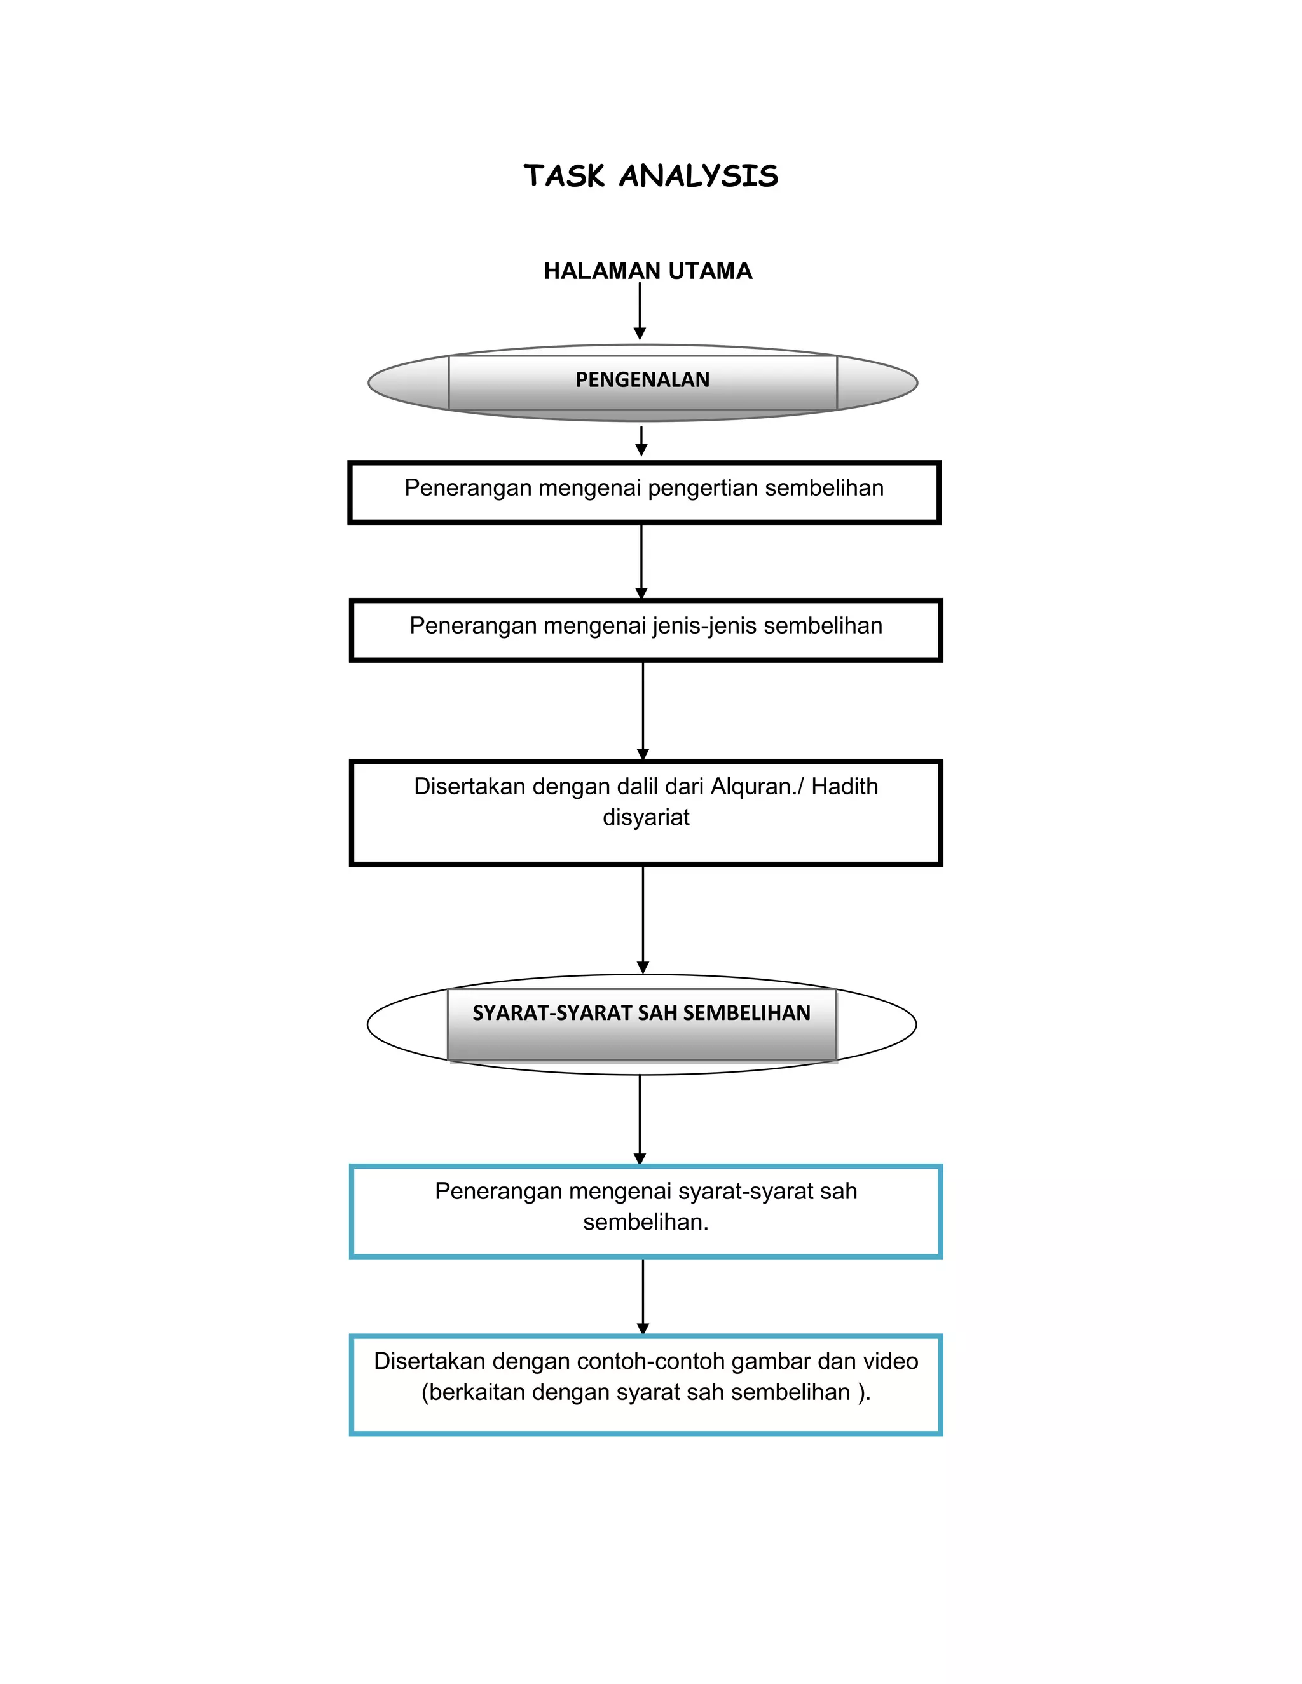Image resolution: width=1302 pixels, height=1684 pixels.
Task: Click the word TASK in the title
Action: tap(564, 176)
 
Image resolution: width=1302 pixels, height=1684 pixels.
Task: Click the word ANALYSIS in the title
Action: tap(699, 176)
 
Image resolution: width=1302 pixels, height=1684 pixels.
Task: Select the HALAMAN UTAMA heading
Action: tap(647, 271)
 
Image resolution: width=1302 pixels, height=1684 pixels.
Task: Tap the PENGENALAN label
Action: tap(643, 380)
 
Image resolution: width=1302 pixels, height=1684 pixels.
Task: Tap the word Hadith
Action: tap(845, 787)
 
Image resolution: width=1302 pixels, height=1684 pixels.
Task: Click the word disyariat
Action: tap(646, 817)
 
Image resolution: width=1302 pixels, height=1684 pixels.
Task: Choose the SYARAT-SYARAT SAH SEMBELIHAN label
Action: tap(641, 1013)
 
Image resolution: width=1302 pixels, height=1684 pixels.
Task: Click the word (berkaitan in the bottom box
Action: tap(473, 1392)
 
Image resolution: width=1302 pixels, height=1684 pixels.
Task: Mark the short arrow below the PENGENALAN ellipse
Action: tap(641, 441)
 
